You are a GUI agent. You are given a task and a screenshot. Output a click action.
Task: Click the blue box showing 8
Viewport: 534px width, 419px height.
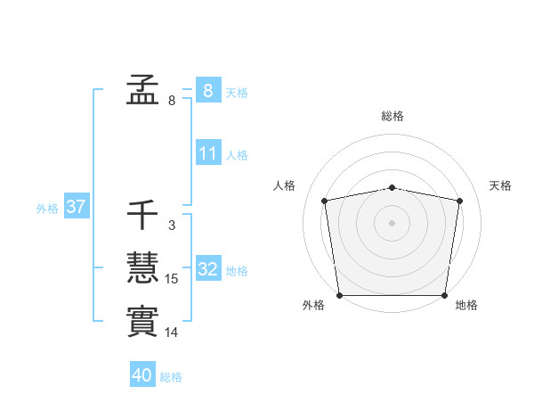click(x=207, y=91)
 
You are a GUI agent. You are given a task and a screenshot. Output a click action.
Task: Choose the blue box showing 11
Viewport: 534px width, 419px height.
click(x=207, y=153)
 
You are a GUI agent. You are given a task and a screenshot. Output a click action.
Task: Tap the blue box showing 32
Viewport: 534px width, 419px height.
click(x=208, y=269)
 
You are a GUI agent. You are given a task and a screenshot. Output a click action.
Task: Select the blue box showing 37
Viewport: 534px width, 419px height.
click(x=76, y=208)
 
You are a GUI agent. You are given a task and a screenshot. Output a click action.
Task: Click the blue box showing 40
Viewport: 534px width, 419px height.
click(x=142, y=375)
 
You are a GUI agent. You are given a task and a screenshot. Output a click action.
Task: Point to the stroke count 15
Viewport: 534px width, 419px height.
click(x=172, y=279)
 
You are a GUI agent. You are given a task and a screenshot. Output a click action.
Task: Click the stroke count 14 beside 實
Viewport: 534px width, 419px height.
click(x=172, y=333)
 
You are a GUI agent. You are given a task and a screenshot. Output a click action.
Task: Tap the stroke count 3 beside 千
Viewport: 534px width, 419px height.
click(x=172, y=226)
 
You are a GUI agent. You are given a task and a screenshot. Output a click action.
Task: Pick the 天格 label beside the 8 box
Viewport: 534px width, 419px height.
click(x=237, y=93)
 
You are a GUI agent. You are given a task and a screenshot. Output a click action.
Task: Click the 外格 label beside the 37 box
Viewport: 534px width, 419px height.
click(x=47, y=209)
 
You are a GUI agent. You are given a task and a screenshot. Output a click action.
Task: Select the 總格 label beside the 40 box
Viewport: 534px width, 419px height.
click(x=171, y=377)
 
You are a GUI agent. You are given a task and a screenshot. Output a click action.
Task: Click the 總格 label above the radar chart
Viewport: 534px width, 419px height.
click(x=392, y=116)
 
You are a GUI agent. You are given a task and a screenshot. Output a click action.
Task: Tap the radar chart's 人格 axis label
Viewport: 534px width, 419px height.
click(x=284, y=185)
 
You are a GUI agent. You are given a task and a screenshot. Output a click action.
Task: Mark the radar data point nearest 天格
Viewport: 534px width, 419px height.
click(x=459, y=201)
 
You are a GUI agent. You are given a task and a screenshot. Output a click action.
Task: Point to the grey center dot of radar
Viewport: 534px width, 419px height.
click(x=392, y=222)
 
